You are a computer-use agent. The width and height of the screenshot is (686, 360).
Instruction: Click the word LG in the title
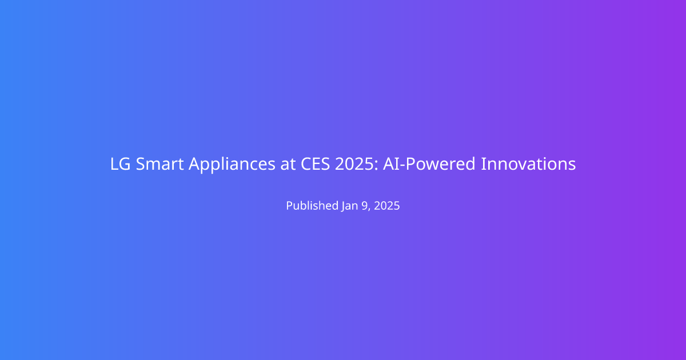tap(121, 164)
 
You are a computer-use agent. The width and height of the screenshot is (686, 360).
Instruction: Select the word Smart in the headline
tap(159, 164)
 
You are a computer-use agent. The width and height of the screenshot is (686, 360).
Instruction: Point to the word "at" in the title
tap(288, 165)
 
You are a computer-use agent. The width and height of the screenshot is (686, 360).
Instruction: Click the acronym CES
tap(315, 164)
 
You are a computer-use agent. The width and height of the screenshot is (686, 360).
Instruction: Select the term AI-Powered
tap(429, 164)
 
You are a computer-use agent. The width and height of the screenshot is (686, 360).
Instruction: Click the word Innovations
tap(528, 164)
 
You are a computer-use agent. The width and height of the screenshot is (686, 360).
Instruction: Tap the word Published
tap(312, 205)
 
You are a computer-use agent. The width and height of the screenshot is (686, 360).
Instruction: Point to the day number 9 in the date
tap(365, 206)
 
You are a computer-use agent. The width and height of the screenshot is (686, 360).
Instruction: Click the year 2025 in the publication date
tap(387, 206)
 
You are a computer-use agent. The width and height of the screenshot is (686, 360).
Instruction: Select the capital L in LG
tap(114, 164)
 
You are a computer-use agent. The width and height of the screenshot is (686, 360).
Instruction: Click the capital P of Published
tap(290, 205)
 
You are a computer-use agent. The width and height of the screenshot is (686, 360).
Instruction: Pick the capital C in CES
tap(306, 164)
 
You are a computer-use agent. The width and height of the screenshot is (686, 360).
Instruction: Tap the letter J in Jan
tap(344, 207)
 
